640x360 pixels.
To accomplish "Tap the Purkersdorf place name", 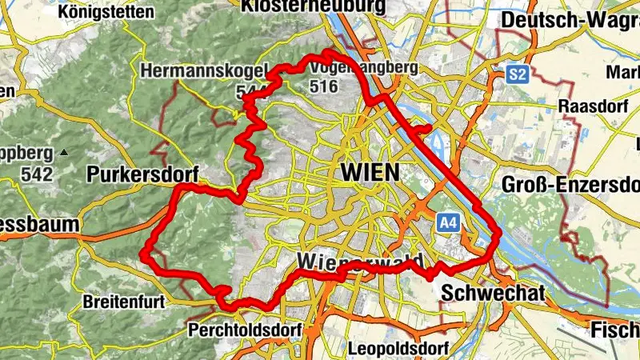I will coord(141,174).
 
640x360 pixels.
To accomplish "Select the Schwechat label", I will coord(492,293).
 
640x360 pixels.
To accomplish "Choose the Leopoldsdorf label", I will coord(398,349).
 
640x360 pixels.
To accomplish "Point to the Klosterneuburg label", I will coord(313,6).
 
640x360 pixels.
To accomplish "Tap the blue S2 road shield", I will coord(517,75).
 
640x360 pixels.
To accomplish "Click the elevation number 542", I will coord(38,174).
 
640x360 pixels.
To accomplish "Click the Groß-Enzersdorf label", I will coord(570,186).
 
